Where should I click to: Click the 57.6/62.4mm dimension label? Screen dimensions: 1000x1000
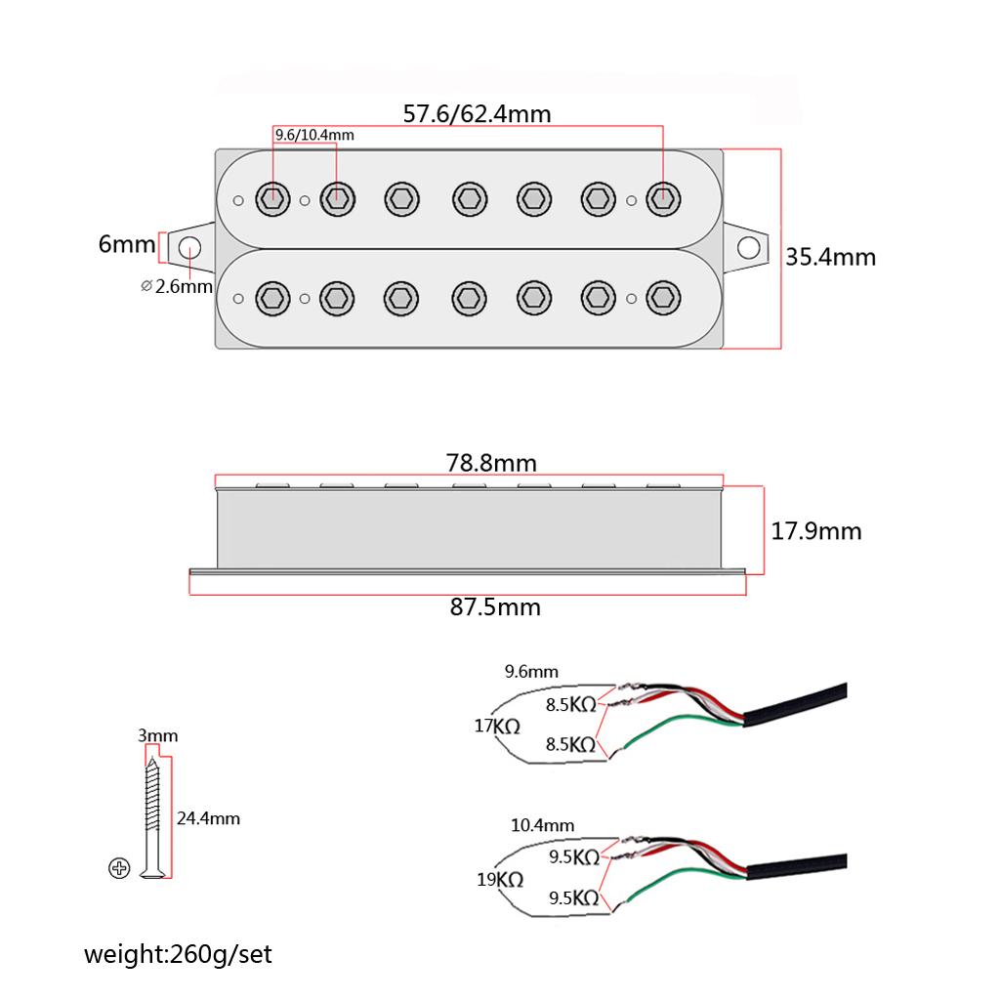click(477, 114)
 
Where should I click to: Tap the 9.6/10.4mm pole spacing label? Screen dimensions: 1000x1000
click(313, 135)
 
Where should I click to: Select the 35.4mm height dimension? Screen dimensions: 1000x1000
click(830, 257)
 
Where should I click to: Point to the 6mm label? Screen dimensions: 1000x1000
click(126, 243)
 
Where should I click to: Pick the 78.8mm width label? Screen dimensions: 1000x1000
click(492, 462)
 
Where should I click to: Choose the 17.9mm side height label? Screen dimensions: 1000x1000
click(816, 531)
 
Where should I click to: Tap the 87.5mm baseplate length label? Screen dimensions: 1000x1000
click(495, 606)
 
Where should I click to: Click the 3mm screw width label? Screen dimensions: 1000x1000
click(158, 735)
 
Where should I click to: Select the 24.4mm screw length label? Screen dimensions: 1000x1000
click(208, 818)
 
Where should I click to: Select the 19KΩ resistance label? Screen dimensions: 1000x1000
click(500, 879)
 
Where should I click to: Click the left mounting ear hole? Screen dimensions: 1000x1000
click(188, 247)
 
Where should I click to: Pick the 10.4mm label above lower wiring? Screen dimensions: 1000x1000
click(542, 825)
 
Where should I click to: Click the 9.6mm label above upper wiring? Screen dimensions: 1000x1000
click(531, 672)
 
